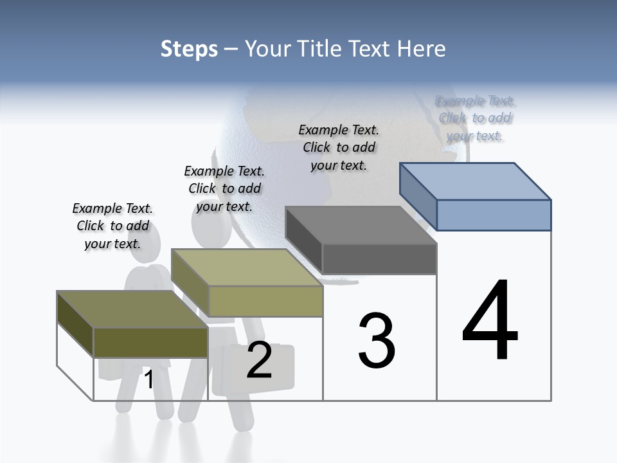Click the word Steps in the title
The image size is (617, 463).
[x=189, y=49]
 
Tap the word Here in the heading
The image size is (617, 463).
[x=420, y=49]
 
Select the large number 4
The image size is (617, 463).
[x=490, y=322]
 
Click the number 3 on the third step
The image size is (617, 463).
[x=377, y=341]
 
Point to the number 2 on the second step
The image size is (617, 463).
[x=259, y=361]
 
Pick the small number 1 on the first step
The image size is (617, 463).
[x=149, y=379]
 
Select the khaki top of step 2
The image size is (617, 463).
[x=247, y=268]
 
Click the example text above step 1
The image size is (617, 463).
[x=112, y=226]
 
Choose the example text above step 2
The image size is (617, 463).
[x=224, y=188]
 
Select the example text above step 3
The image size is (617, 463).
[x=339, y=147]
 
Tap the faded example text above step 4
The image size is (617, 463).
[x=476, y=118]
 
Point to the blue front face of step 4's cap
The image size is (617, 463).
[x=494, y=215]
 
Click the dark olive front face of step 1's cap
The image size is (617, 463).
[x=150, y=342]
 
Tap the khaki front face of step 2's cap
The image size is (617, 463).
[x=265, y=301]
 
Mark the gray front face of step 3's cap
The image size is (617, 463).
[x=379, y=259]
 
